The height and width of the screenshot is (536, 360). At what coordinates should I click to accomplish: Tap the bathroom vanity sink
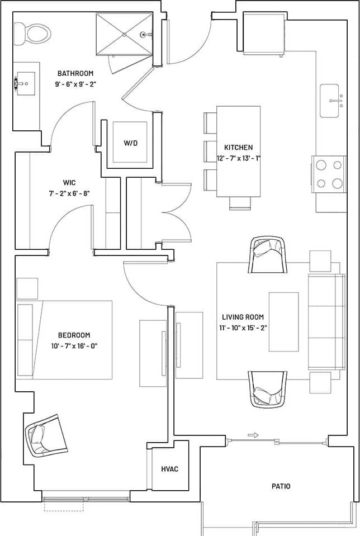coord(25,84)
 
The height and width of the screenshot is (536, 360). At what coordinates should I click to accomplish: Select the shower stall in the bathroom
coord(124,35)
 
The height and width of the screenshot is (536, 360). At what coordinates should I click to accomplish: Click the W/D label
coord(130,143)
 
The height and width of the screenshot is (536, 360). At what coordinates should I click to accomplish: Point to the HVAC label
coord(169,469)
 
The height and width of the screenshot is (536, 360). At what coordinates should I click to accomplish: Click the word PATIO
coord(281,486)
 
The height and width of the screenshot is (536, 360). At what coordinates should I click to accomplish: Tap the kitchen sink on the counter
coord(330,101)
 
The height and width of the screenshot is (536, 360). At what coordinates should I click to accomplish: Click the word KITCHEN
coord(239,148)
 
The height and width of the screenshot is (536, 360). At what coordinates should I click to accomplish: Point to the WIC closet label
coord(69,183)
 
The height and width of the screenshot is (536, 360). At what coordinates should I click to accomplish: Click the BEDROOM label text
coord(74,335)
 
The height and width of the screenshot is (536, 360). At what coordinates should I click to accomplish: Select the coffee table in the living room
coord(283,321)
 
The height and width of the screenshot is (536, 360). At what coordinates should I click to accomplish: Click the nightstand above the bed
coord(27,288)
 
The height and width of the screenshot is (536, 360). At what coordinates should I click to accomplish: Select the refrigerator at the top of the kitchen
coord(264,34)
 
